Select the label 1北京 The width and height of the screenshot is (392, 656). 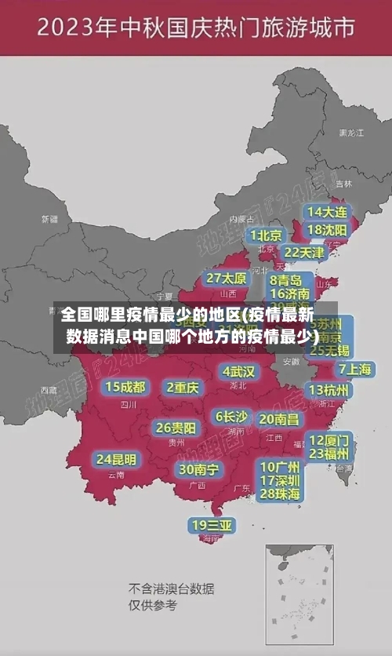(x=267, y=235)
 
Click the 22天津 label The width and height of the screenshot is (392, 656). (x=304, y=253)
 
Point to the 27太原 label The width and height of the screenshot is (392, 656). (x=227, y=279)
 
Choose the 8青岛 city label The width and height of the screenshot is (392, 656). (x=287, y=279)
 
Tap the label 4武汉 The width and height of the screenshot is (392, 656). (x=239, y=370)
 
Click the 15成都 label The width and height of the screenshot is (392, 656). (x=125, y=387)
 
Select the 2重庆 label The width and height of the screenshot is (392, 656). (x=183, y=387)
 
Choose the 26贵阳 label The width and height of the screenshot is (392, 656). (x=176, y=428)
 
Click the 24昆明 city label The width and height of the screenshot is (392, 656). (x=116, y=459)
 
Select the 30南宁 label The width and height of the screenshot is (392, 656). (x=198, y=468)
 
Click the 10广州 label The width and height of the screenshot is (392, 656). (x=280, y=466)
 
